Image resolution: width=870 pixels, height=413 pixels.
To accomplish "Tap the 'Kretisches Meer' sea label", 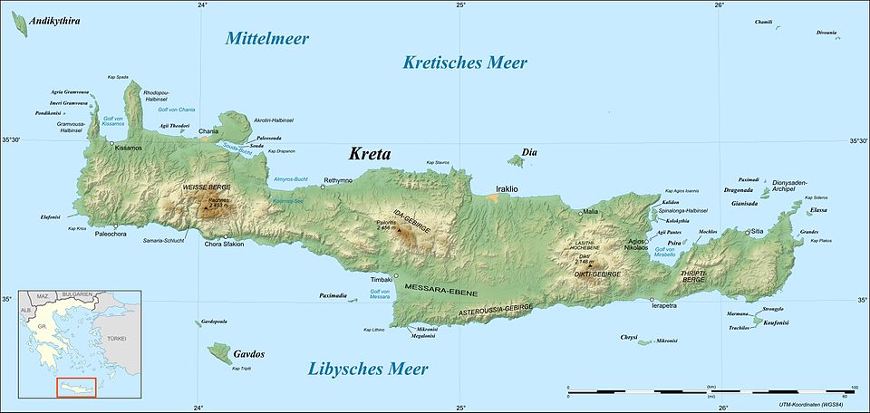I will coord(464,62).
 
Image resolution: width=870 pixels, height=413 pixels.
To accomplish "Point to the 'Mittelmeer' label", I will coord(267,38).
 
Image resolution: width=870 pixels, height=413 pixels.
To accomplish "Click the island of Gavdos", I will coord(220,351).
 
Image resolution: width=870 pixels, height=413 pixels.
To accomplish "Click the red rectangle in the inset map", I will coord(76,388).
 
